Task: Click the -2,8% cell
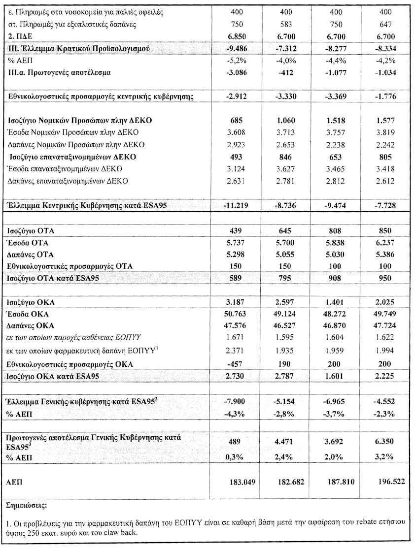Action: (285, 414)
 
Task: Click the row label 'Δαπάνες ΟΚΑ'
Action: (31, 325)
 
